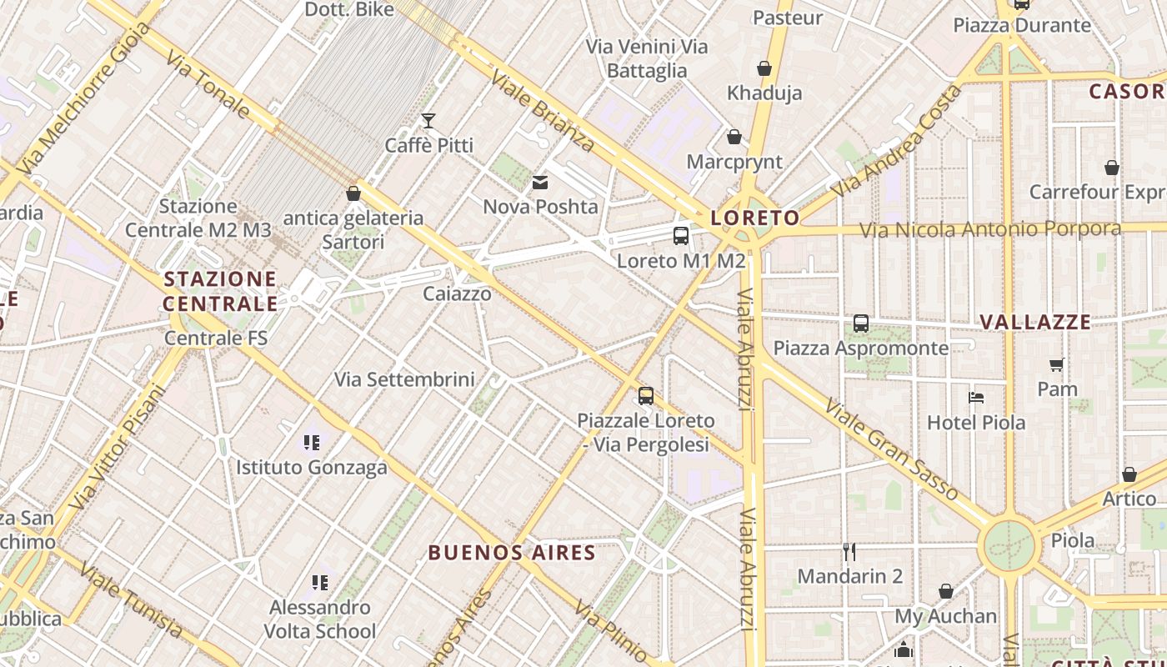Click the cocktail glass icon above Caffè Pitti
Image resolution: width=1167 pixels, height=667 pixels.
428,121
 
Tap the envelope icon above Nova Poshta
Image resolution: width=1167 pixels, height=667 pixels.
540,183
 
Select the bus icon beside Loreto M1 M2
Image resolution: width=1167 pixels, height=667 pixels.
681,236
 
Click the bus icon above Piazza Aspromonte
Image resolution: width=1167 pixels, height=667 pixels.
861,323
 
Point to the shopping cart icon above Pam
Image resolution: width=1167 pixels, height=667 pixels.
1057,364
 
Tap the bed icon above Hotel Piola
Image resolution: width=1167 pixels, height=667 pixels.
975,398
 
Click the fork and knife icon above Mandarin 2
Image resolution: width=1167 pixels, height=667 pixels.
849,551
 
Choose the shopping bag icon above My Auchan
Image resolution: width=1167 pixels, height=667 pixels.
946,591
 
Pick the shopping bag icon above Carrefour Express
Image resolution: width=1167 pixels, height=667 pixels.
1111,168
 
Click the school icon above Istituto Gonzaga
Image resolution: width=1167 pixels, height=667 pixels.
312,442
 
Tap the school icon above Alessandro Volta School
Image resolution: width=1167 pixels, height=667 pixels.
320,582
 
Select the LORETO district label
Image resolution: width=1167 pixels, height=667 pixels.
754,218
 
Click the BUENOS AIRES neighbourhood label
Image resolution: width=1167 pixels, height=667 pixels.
512,552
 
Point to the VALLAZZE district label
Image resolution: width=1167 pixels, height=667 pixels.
1034,322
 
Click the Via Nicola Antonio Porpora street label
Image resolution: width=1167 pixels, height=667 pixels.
990,228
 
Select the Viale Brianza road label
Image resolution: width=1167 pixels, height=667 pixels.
543,111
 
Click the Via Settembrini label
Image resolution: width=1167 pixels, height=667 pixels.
404,379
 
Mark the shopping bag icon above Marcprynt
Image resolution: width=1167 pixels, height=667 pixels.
734,137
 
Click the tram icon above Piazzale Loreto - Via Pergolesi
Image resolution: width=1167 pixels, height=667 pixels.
646,396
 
